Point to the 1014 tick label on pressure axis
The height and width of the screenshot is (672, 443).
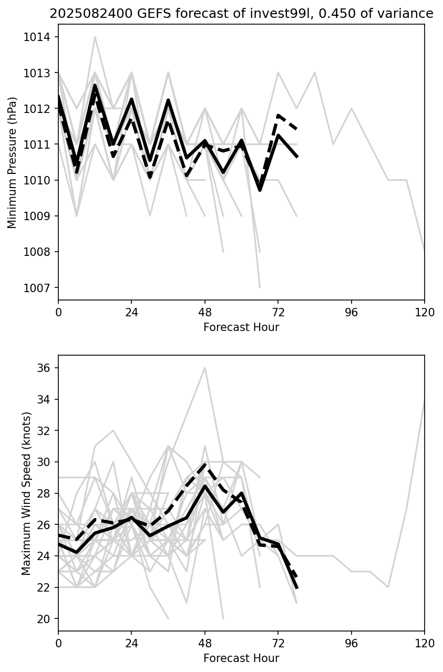click(39, 37)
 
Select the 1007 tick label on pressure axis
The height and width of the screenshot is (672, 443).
click(39, 288)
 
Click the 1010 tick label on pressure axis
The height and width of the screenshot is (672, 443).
click(39, 180)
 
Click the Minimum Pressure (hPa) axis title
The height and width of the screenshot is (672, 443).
click(13, 162)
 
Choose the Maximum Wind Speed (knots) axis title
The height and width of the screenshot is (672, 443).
click(26, 493)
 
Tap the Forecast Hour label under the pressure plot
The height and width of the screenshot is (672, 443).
click(241, 327)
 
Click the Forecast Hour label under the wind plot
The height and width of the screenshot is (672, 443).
click(241, 658)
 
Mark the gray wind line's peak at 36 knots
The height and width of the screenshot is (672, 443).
click(205, 368)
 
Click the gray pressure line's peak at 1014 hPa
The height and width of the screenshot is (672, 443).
click(95, 37)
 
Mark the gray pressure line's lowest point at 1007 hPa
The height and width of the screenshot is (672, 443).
click(260, 287)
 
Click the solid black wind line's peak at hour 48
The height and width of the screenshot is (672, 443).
click(205, 486)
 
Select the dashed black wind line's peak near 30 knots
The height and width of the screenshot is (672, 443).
click(205, 464)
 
